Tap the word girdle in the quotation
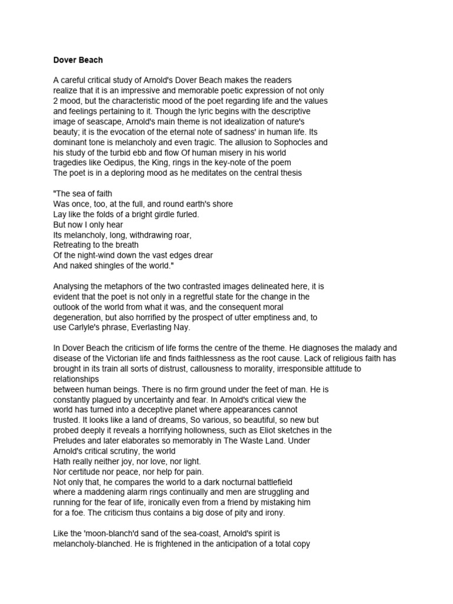[x=160, y=214]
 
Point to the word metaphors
[x=122, y=287]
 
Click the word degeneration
[x=81, y=317]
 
